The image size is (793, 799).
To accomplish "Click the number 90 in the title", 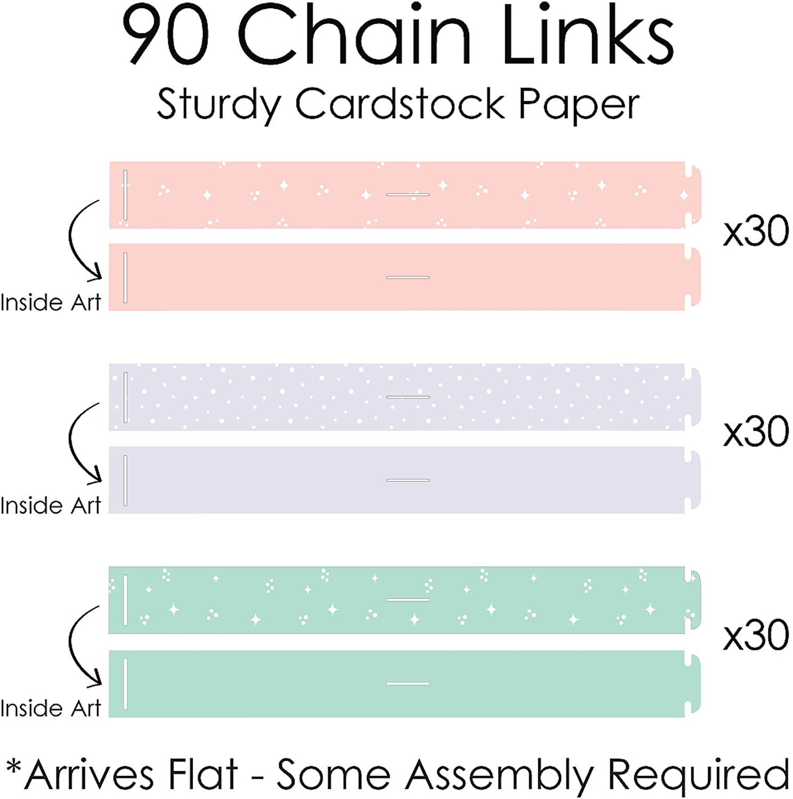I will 166,35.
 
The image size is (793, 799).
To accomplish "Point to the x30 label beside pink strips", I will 756,232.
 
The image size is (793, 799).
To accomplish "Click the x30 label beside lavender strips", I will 756,432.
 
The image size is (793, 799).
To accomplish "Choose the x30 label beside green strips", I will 756,635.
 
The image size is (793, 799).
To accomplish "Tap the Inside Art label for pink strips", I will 51,303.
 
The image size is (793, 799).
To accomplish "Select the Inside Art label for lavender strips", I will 51,506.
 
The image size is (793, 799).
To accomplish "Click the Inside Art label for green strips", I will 51,709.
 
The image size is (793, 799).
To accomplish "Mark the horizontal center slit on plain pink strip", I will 408,278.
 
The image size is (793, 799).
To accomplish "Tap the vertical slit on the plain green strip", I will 125,684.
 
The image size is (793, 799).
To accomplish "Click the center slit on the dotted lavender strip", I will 408,397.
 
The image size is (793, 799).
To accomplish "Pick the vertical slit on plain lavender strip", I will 125,480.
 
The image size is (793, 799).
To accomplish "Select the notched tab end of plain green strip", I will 693,684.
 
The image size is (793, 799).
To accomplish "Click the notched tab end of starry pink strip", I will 693,195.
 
